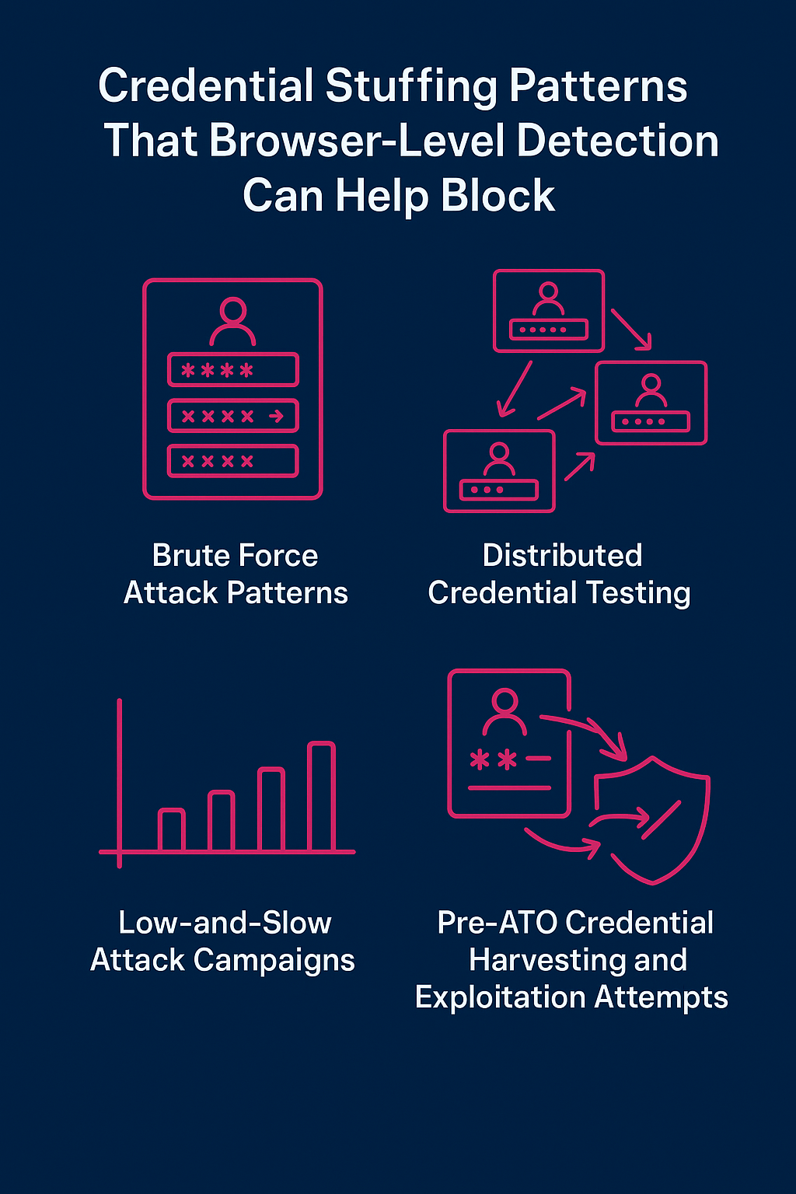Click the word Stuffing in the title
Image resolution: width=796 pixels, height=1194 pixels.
pos(411,87)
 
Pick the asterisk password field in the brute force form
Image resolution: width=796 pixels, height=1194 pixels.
pos(233,370)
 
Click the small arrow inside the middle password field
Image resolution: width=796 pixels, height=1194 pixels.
pos(276,417)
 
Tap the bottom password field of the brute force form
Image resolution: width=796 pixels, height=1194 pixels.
pos(233,461)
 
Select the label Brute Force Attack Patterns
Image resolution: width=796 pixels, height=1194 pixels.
pos(236,574)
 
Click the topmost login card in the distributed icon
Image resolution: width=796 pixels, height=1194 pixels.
pos(549,311)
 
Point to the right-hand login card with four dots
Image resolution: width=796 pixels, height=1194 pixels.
pos(651,403)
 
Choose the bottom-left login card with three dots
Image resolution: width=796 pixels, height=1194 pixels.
pos(499,471)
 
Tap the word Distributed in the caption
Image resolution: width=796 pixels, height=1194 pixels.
pos(562,556)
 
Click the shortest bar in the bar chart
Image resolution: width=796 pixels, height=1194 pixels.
pos(171,830)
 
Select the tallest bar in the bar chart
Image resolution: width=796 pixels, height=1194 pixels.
pos(321,797)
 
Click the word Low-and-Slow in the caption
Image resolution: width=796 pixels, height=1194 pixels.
pos(225,923)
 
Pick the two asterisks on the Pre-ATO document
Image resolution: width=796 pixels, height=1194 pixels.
pos(493,759)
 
